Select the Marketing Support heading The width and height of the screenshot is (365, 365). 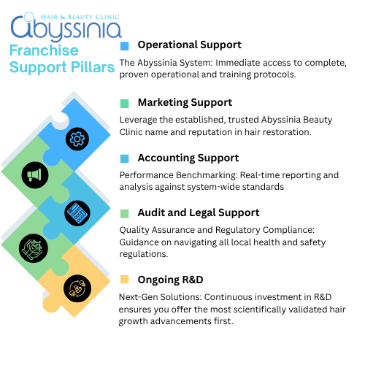[x=185, y=102]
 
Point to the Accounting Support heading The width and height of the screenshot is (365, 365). [x=188, y=158]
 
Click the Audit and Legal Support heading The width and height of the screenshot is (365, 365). [x=198, y=212]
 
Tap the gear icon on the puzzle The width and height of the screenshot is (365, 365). [x=75, y=139]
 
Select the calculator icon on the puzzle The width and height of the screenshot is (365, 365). [x=75, y=212]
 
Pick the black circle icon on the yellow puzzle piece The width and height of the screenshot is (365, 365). [x=75, y=285]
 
